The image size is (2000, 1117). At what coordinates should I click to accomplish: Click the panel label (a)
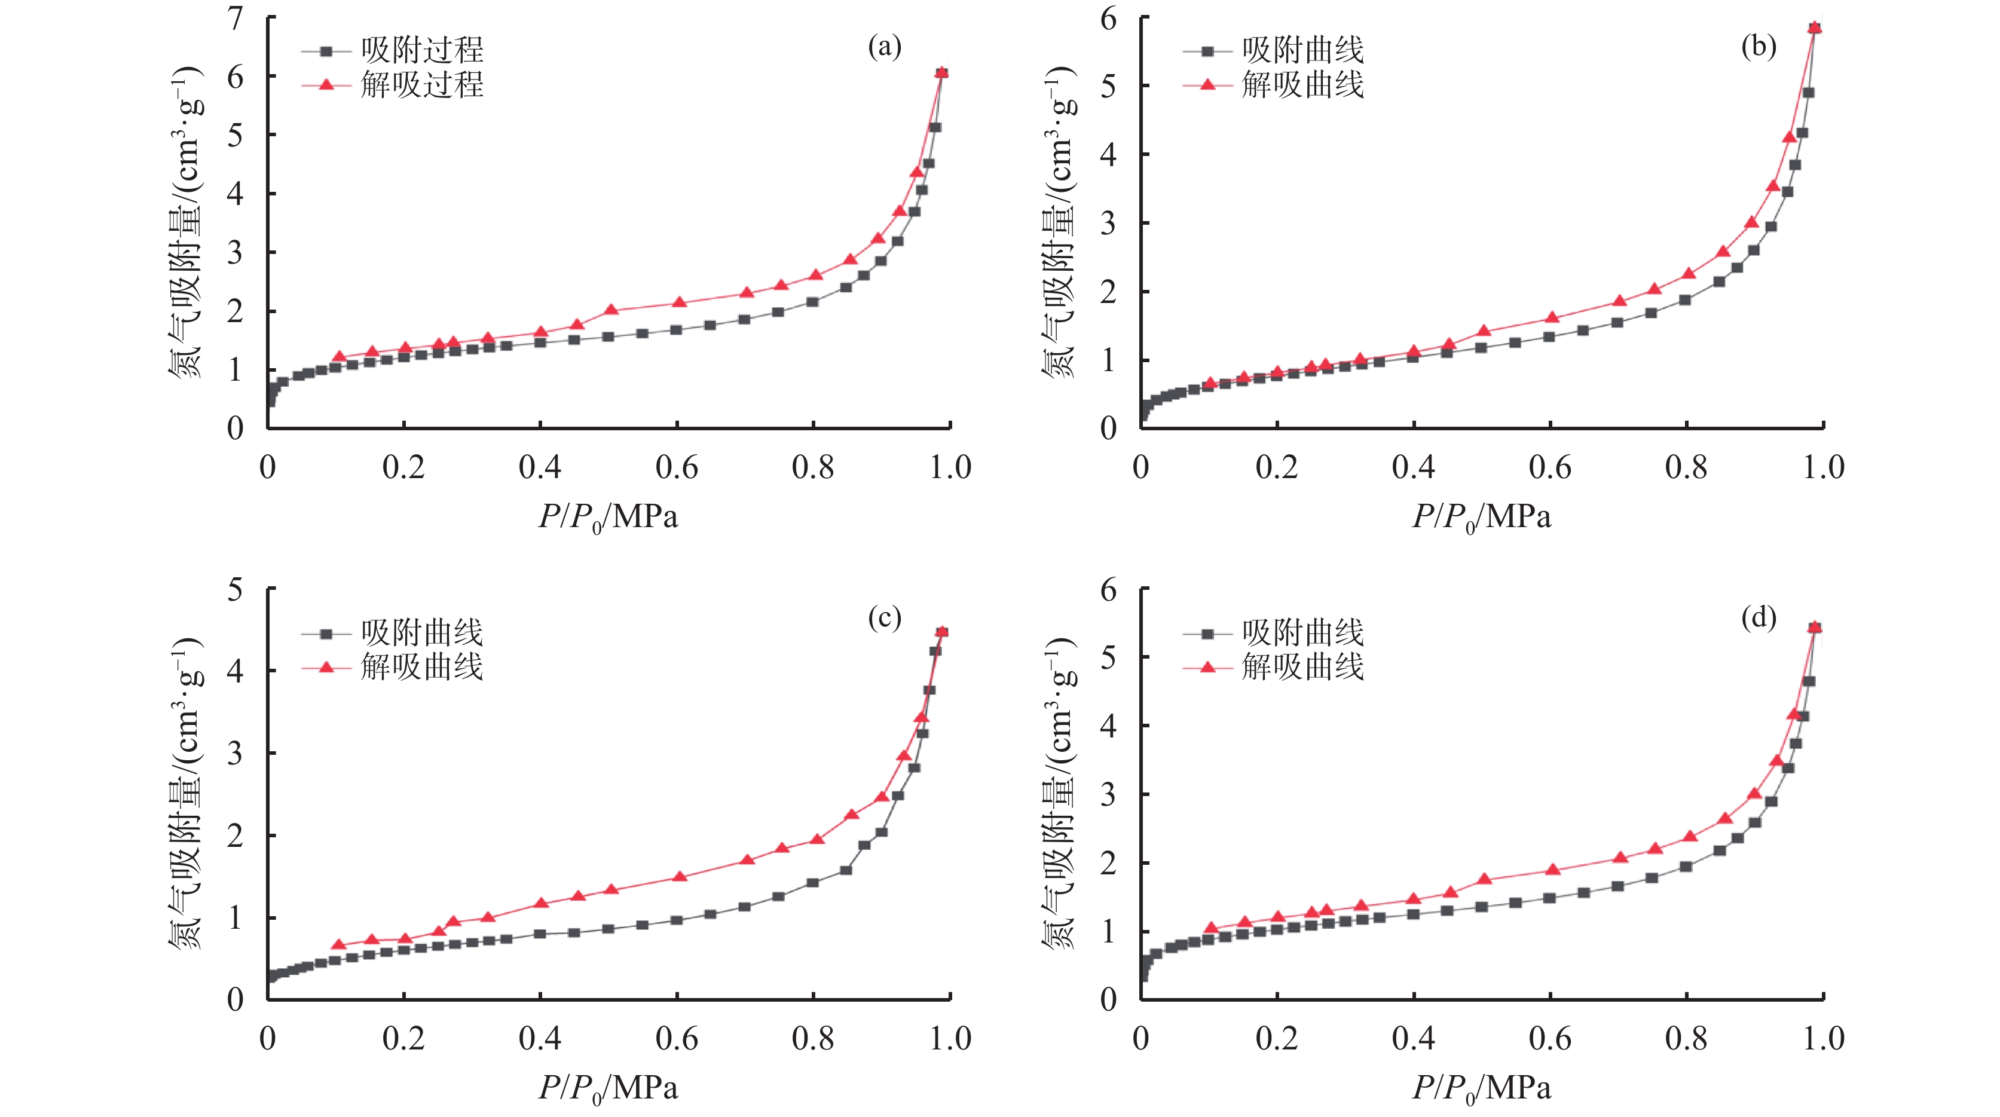click(x=884, y=47)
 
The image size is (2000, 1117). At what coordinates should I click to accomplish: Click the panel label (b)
click(x=1758, y=47)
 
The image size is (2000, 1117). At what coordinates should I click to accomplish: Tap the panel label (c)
click(x=884, y=618)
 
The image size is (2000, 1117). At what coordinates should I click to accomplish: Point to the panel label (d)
click(x=1758, y=618)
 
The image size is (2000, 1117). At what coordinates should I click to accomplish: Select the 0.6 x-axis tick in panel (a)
click(x=676, y=467)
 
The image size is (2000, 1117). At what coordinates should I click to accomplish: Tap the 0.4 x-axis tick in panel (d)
click(x=1413, y=1039)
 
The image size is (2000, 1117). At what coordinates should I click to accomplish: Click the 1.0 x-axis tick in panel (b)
click(x=1823, y=467)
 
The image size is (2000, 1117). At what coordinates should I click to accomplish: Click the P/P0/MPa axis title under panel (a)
click(x=608, y=517)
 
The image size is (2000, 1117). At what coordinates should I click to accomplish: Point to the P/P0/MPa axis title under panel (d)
click(x=1481, y=1088)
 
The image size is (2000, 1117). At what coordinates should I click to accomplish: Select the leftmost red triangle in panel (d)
click(x=1210, y=928)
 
